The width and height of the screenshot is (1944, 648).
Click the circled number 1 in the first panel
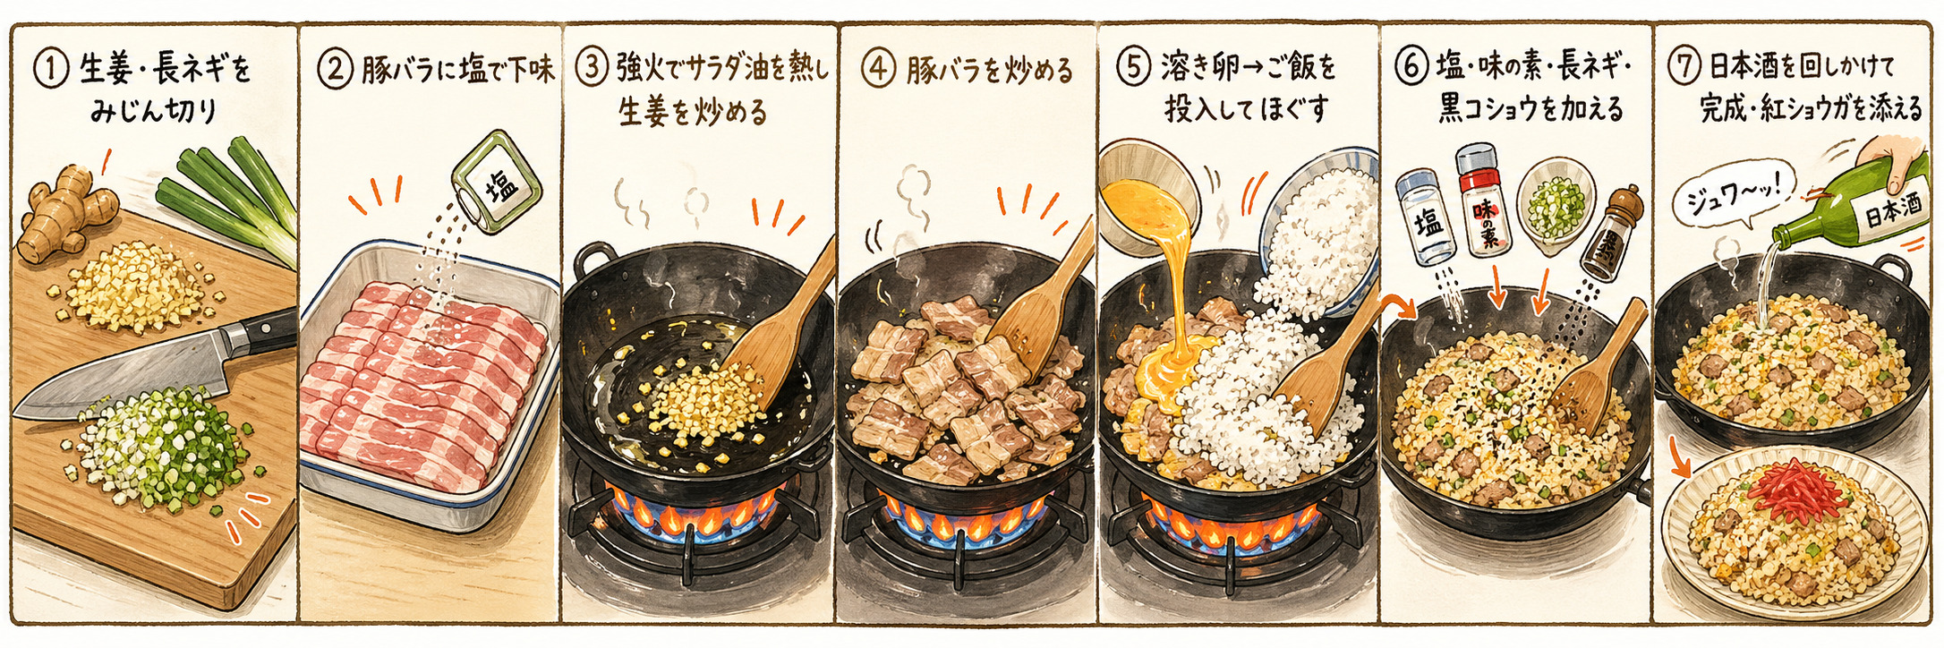[x=50, y=70]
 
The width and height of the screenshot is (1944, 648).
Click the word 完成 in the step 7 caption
[x=1723, y=110]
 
